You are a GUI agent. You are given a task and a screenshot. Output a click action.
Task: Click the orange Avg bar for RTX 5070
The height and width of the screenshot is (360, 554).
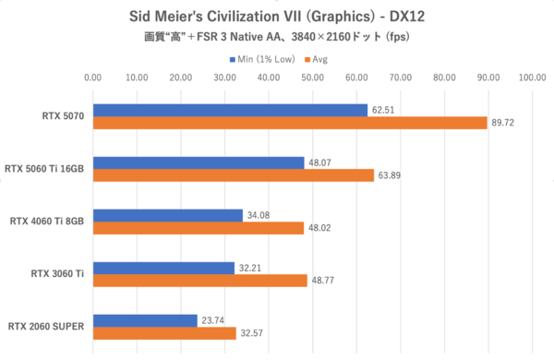pyautogui.click(x=290, y=123)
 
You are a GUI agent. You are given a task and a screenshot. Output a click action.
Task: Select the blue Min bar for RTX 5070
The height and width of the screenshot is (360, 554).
pyautogui.click(x=230, y=110)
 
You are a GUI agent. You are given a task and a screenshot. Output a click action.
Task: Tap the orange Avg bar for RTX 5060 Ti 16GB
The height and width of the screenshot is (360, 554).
pyautogui.click(x=233, y=175)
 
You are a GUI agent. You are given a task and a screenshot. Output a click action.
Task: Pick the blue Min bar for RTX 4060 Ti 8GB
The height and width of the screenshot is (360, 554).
pyautogui.click(x=167, y=215)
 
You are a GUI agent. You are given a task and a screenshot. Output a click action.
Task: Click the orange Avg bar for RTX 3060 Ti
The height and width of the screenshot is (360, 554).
pyautogui.click(x=199, y=281)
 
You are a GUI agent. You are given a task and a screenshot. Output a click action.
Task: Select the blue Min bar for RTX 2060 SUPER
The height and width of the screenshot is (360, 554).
pyautogui.click(x=145, y=320)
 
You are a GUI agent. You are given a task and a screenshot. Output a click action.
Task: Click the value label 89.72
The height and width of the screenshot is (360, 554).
pyautogui.click(x=504, y=123)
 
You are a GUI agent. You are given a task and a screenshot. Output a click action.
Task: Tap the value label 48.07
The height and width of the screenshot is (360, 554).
pyautogui.click(x=320, y=162)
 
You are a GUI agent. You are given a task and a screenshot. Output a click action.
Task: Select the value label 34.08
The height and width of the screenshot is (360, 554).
pyautogui.click(x=259, y=215)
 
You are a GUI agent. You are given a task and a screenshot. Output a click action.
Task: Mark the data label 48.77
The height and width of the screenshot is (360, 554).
pyautogui.click(x=323, y=281)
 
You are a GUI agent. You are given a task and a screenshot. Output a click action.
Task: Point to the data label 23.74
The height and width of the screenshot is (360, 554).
pyautogui.click(x=213, y=320)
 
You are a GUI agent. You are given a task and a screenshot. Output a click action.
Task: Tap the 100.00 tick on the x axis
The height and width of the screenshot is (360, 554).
pyautogui.click(x=532, y=78)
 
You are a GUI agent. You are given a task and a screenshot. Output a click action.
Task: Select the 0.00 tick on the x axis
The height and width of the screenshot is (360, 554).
pyautogui.click(x=92, y=78)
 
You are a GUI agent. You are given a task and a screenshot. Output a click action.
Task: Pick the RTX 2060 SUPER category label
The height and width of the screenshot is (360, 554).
pyautogui.click(x=49, y=327)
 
